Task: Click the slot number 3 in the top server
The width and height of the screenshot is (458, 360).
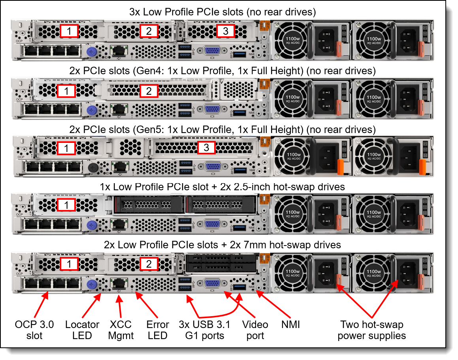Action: tap(225, 31)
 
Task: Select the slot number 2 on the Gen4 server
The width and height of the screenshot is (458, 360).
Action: tap(149, 91)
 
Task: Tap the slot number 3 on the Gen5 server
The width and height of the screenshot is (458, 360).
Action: tap(206, 148)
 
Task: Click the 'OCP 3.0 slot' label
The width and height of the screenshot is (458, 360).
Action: tap(34, 330)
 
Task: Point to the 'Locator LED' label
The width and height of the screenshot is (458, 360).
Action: tap(83, 330)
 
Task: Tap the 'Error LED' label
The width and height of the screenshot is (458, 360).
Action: tap(158, 330)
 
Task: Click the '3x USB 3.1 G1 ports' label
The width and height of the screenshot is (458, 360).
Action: tap(205, 330)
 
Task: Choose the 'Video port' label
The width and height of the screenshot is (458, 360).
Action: tap(255, 330)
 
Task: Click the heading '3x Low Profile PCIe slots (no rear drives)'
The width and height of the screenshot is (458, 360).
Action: tap(222, 12)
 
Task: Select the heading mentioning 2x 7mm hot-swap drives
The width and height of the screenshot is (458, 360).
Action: tap(222, 245)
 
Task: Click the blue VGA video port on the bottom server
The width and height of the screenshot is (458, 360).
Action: tap(212, 284)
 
